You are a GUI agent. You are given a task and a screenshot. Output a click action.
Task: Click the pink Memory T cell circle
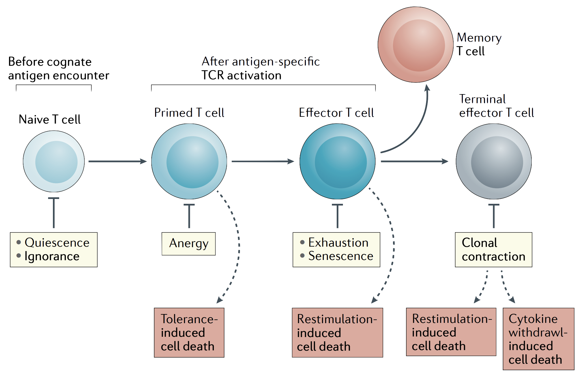pos(415,45)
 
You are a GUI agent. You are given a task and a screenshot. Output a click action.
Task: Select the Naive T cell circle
pos(54,161)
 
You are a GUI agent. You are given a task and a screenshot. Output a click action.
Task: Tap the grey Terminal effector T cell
pos(494,161)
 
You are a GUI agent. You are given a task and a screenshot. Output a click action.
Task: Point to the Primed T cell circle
pos(189,161)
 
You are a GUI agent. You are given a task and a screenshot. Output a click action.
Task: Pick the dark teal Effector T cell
pos(337,161)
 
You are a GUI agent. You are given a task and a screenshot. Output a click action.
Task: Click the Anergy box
pos(188,244)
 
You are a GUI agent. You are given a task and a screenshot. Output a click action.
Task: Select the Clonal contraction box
pos(493,249)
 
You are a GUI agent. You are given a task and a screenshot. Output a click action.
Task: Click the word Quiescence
pos(57,243)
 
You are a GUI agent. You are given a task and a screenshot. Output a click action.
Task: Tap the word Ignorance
pos(52,256)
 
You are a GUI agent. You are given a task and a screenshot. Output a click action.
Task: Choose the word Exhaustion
pos(338,243)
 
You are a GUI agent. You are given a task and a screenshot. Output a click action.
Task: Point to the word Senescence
pos(341,256)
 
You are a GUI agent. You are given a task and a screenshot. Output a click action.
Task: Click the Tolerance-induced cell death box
pos(189,332)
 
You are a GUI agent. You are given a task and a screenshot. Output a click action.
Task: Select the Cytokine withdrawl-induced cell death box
pos(538,339)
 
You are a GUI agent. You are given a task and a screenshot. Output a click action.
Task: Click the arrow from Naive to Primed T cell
pos(117,161)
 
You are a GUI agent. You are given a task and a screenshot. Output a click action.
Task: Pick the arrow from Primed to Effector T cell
pos(263,161)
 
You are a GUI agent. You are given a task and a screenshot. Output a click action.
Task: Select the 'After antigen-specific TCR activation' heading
pos(260,69)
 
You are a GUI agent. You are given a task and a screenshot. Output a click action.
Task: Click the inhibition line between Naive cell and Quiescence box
pos(53,213)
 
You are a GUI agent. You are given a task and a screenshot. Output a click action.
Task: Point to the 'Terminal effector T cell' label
pos(496,106)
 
